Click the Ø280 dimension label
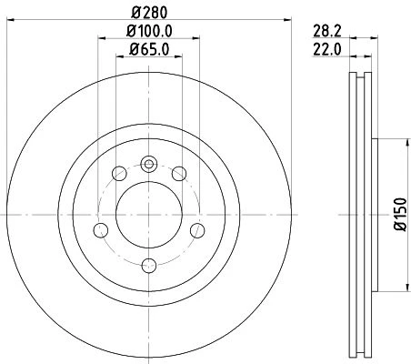click(x=149, y=13)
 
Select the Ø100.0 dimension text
click(x=149, y=31)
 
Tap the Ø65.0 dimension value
click(x=149, y=49)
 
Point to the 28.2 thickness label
click(x=327, y=31)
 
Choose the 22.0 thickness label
click(x=327, y=49)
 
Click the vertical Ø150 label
click(x=400, y=214)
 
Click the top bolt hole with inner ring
click(x=149, y=165)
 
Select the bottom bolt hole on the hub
click(x=149, y=266)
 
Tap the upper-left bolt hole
click(x=119, y=174)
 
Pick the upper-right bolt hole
click(x=179, y=174)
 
